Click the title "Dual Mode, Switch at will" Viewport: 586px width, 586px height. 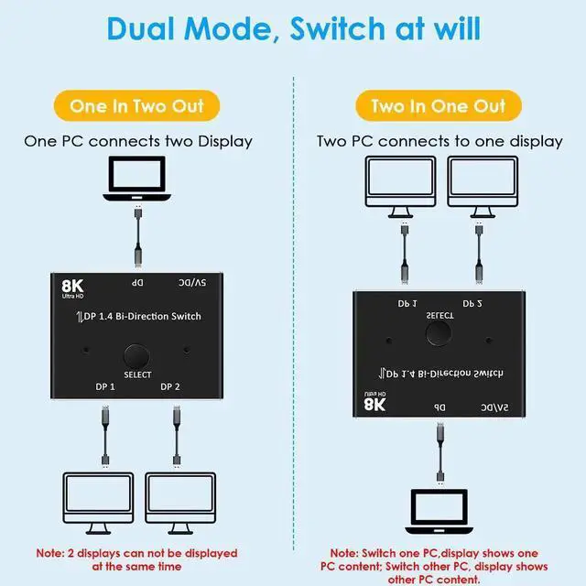coord(293,28)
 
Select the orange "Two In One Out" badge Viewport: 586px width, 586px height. coord(439,105)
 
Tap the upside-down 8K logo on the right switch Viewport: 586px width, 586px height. coord(372,402)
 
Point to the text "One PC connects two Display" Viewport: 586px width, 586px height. coord(137,141)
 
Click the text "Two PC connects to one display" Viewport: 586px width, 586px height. coord(439,141)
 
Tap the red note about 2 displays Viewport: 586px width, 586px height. coord(136,559)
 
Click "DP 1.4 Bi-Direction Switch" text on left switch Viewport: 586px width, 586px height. coord(138,316)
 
